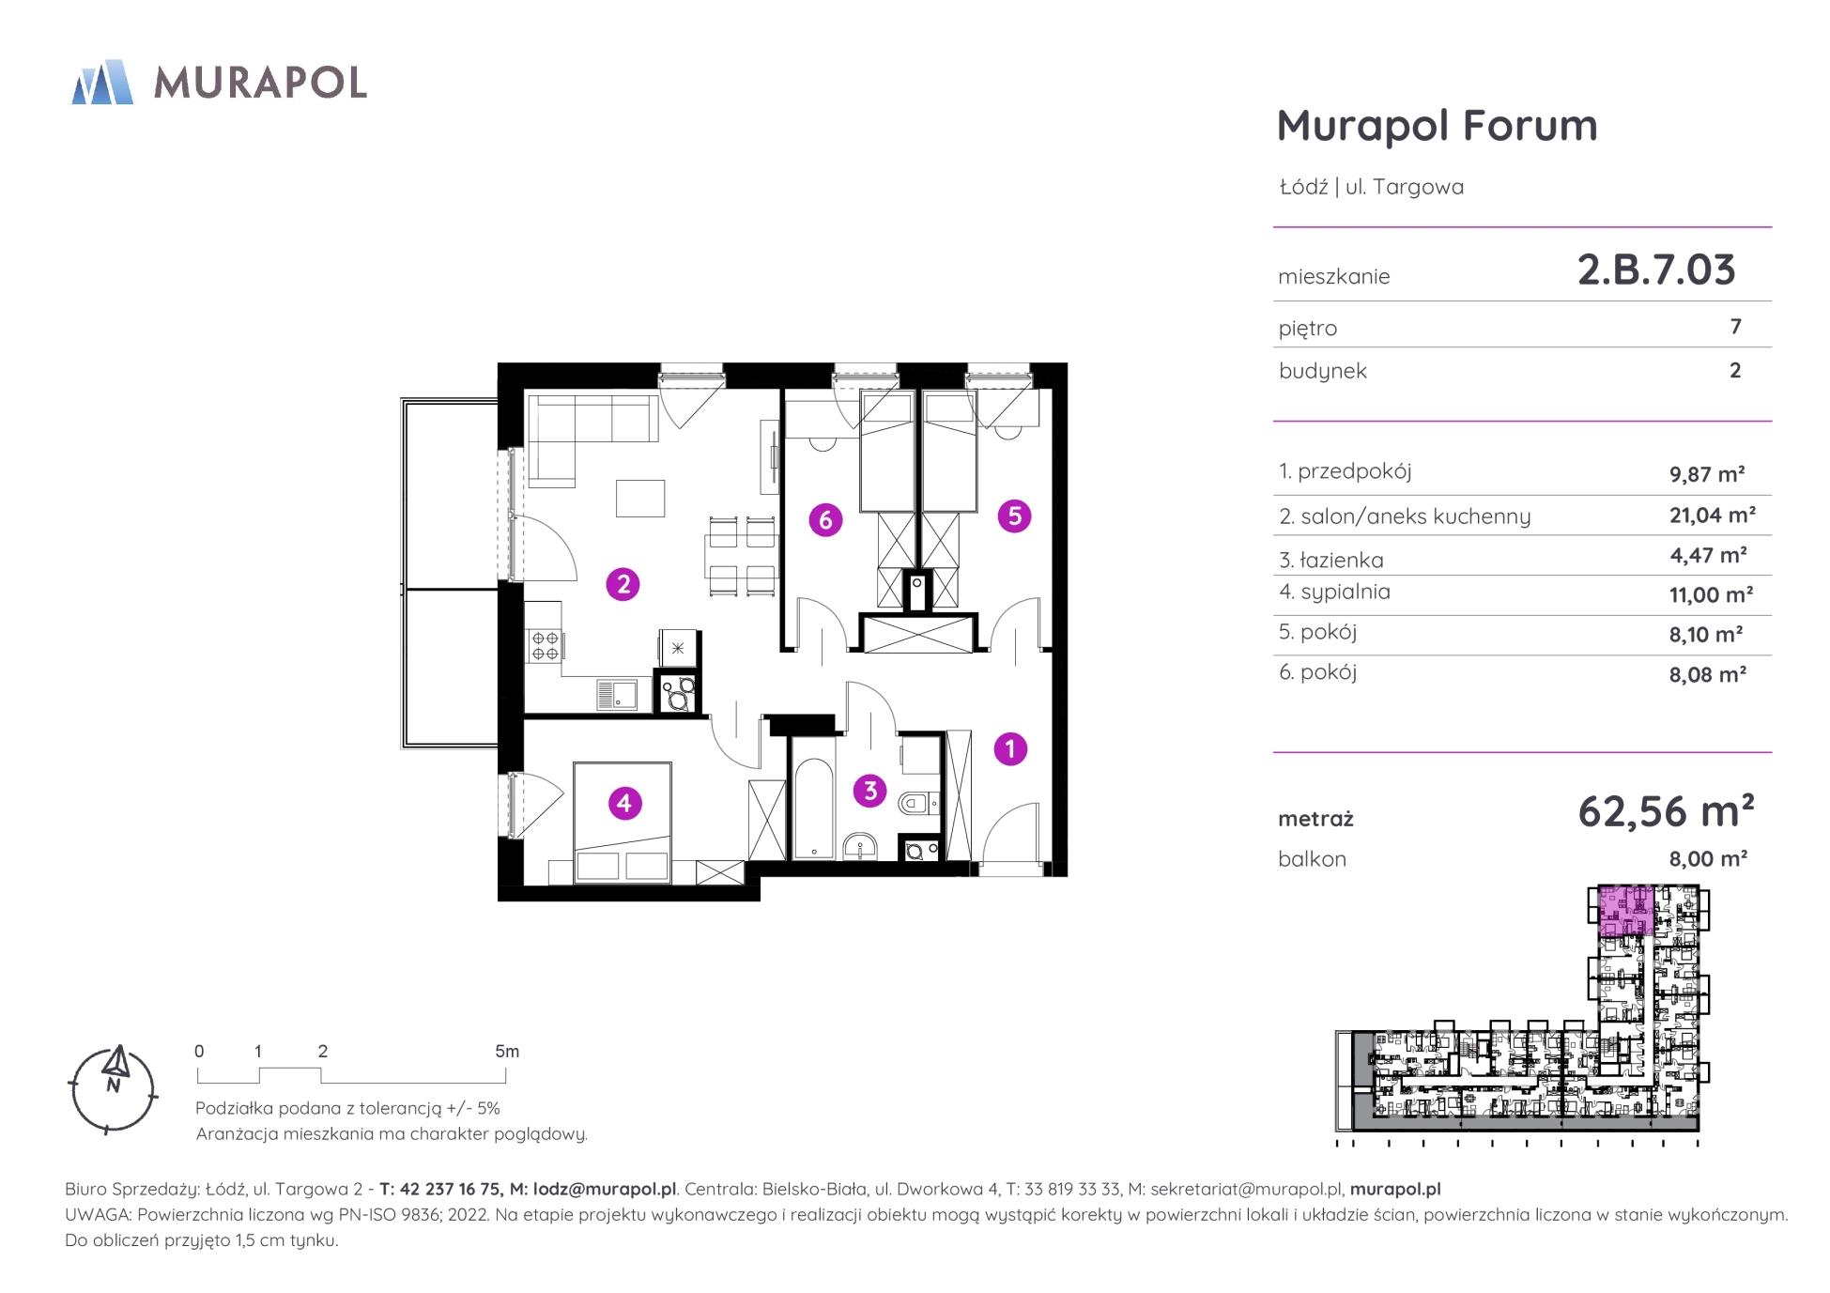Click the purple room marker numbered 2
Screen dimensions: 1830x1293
tap(623, 585)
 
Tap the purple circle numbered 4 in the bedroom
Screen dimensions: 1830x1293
tap(624, 803)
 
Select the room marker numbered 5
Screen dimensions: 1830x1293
tap(1014, 516)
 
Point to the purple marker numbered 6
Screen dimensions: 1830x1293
tap(825, 519)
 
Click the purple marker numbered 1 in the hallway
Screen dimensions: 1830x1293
tap(1010, 748)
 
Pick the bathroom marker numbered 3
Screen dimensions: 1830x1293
tap(870, 791)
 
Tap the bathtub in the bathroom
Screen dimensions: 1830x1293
tap(813, 797)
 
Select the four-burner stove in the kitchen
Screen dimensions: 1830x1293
tap(546, 645)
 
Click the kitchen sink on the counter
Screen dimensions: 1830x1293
tap(616, 695)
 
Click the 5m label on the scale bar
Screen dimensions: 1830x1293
tap(507, 1052)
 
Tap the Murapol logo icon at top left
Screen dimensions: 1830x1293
tap(102, 82)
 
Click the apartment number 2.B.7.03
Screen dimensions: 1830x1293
tap(1656, 269)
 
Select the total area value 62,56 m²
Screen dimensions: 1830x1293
tap(1666, 811)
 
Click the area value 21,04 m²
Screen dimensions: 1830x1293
tap(1713, 515)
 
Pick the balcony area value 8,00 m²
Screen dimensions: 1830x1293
tap(1708, 858)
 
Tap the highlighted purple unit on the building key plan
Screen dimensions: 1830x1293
tap(1624, 910)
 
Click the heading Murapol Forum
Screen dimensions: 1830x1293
tap(1437, 126)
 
